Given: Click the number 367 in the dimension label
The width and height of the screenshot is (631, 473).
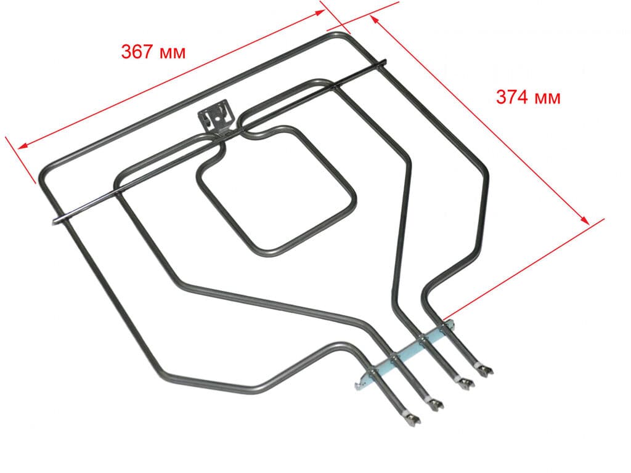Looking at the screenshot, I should click(x=137, y=52).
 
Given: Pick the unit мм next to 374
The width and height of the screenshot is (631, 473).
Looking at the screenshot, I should click(x=547, y=97).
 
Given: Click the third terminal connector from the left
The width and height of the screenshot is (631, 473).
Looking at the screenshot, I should click(x=465, y=386).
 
